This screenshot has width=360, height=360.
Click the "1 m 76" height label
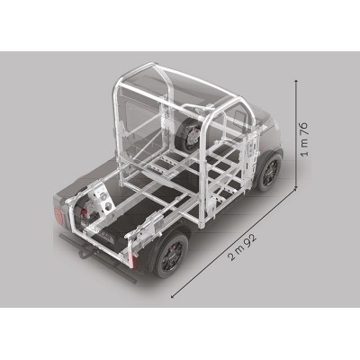click(304, 139)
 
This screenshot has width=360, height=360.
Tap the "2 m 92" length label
click(243, 247)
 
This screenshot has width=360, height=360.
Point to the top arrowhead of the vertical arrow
click(296, 82)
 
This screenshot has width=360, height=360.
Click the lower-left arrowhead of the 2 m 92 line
click(173, 296)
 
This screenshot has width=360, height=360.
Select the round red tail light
click(58, 216)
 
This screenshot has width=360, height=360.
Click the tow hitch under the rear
click(83, 253)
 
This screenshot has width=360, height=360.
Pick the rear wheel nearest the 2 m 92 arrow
click(171, 254)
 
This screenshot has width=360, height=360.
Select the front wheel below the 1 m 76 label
click(269, 172)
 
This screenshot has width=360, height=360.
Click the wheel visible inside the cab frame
click(188, 134)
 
